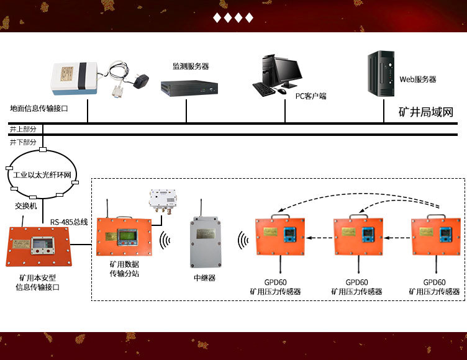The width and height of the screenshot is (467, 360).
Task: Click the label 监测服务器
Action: (x=191, y=66)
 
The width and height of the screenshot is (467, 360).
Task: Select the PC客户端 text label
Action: (x=311, y=96)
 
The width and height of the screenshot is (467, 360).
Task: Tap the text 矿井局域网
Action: (x=425, y=112)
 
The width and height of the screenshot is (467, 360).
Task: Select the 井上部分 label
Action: (x=23, y=129)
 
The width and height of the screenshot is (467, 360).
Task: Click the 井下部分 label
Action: (x=23, y=142)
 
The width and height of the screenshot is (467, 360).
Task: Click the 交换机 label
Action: (x=26, y=205)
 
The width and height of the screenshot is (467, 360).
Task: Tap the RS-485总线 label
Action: (x=69, y=221)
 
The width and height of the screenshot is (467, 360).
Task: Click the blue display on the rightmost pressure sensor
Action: (x=445, y=235)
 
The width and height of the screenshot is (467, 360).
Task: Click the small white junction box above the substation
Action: (x=161, y=199)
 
